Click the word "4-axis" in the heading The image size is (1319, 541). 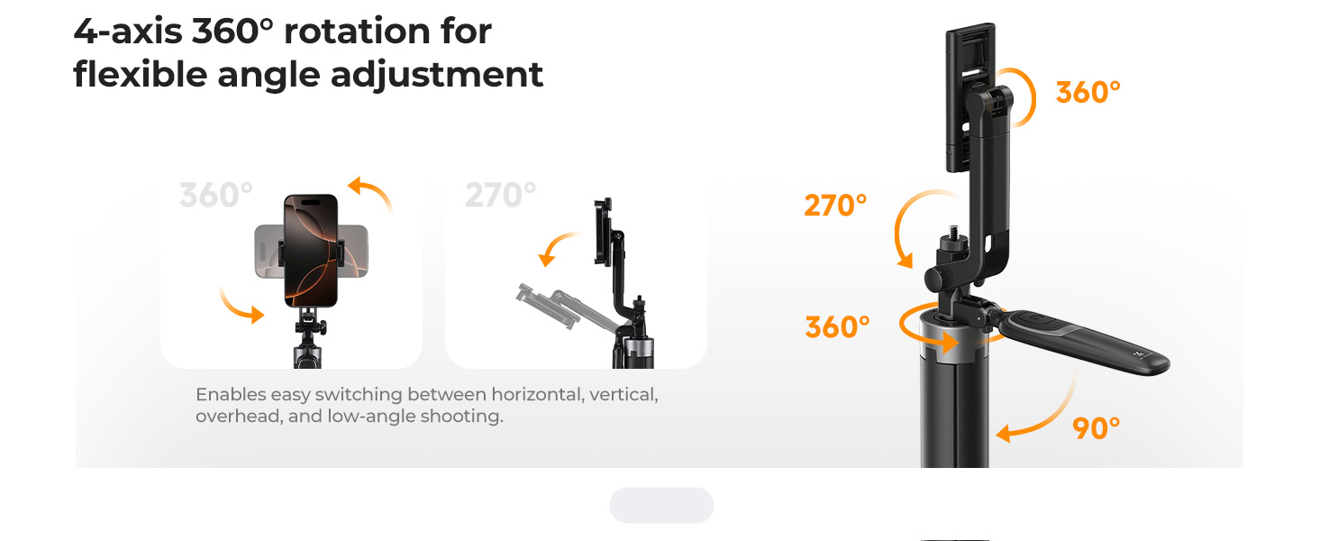[x=128, y=32]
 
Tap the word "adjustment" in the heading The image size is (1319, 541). [x=436, y=76]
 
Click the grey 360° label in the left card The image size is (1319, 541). [x=216, y=195]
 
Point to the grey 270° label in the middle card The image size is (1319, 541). [x=501, y=195]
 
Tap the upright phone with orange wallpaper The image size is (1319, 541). [x=311, y=251]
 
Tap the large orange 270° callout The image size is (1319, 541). [x=835, y=206]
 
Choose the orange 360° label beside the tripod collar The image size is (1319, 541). [x=837, y=327]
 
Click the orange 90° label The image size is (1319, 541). [x=1096, y=428]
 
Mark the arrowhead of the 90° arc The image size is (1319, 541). [x=1004, y=435]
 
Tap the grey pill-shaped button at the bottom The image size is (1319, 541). [x=661, y=505]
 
